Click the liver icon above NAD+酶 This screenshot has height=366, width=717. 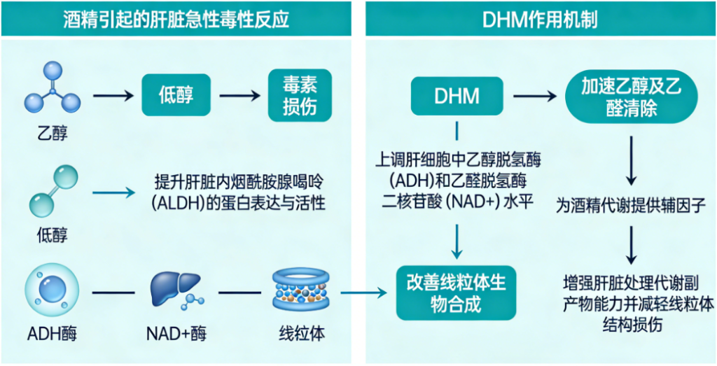[176, 289]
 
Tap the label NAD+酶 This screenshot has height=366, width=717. [175, 333]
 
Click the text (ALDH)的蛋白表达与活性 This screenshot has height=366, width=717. [239, 203]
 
